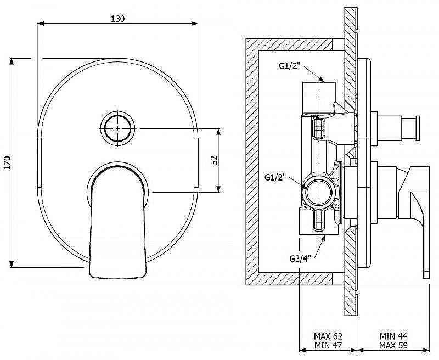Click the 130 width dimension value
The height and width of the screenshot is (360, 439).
click(118, 19)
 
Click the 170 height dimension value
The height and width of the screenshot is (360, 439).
click(8, 162)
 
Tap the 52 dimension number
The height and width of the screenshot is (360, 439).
click(213, 160)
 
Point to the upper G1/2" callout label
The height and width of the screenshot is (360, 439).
click(290, 66)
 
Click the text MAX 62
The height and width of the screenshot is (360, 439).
click(328, 336)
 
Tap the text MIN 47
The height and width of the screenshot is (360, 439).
click(328, 345)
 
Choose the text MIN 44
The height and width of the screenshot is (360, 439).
click(393, 336)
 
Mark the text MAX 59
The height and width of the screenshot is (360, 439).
click(393, 345)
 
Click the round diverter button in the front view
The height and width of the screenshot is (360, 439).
click(117, 128)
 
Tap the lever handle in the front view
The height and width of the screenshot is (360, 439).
click(118, 221)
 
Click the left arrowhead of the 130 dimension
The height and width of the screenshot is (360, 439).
click(41, 24)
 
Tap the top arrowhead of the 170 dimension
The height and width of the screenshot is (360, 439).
click(12, 61)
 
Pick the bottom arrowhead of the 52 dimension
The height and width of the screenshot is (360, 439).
click(218, 189)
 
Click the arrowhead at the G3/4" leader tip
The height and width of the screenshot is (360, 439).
click(323, 238)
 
